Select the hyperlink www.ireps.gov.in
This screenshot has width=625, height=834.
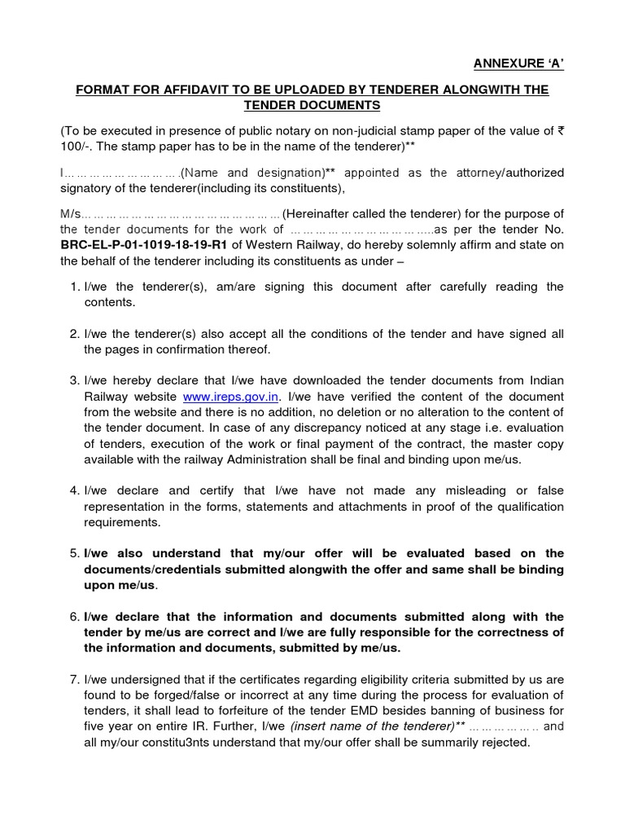click(x=232, y=397)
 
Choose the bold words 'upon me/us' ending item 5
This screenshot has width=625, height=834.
click(x=120, y=586)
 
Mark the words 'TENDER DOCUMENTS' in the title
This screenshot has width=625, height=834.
click(x=312, y=106)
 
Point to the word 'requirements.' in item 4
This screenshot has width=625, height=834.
click(x=122, y=523)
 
